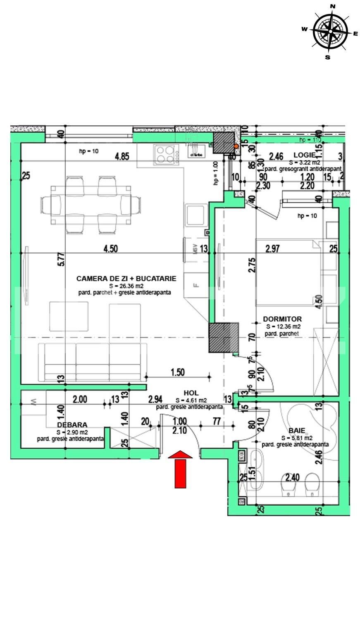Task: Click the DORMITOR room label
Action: coord(282,319)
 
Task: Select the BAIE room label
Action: coord(296,431)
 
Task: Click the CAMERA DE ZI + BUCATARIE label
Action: coord(126,279)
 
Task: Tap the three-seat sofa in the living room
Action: coord(93,362)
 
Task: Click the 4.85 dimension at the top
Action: coord(122,157)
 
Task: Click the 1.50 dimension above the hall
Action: coord(177,372)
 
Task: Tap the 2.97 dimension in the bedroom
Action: coord(273,249)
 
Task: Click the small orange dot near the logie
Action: coord(236,146)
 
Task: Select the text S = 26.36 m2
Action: coord(126,286)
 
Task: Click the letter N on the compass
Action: coord(333,6)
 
